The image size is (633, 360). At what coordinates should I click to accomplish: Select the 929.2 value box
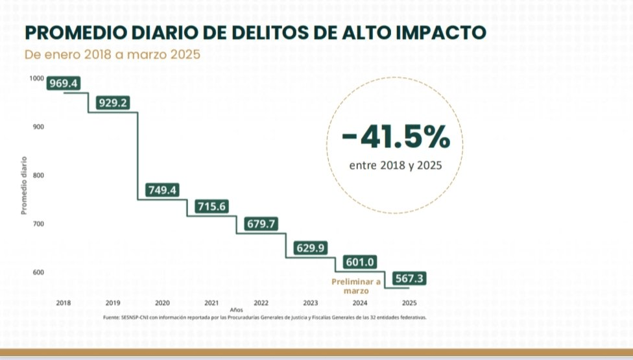coord(113,102)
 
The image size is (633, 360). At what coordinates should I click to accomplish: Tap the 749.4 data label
coord(163,190)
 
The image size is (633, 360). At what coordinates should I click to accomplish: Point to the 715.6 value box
coord(212,206)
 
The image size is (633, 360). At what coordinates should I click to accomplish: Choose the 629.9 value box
coord(311,247)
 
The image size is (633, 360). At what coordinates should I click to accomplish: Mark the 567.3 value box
coord(409,279)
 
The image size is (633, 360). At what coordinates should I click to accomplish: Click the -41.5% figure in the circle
coord(396,137)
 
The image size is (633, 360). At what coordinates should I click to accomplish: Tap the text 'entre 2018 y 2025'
coord(396,165)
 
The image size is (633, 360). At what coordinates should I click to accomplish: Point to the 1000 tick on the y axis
coord(37,78)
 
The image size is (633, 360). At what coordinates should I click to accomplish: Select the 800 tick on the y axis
coord(39,175)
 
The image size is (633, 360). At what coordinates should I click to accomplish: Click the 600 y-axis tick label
coord(39,272)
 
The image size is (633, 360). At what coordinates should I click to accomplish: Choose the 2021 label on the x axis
coord(211,303)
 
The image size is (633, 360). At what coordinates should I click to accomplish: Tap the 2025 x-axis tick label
coord(409,303)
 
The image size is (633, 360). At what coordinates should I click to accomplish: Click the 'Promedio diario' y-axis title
coord(24,186)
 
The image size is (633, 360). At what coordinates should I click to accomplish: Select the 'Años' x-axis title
coord(236,310)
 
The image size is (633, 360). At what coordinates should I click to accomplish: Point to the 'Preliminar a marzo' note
coord(356,286)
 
